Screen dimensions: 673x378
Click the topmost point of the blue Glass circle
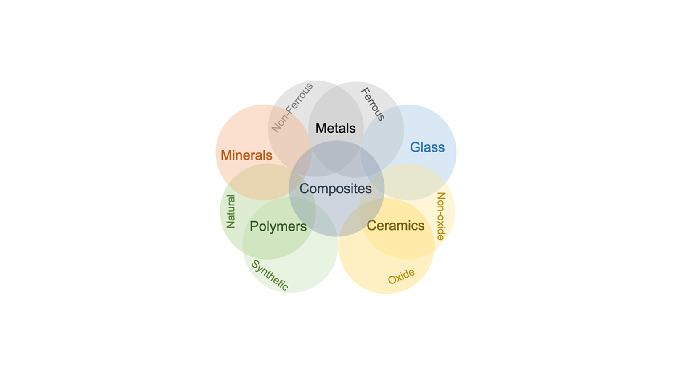point(408,105)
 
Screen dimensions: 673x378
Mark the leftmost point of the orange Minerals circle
point(216,152)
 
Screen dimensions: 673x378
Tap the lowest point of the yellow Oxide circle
point(387,294)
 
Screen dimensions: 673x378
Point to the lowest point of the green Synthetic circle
point(290,293)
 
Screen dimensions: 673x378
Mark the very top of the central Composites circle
point(336,141)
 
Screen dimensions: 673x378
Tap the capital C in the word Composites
point(305,189)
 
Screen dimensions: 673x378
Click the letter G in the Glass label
point(415,147)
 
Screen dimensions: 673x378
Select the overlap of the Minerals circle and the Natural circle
point(265,182)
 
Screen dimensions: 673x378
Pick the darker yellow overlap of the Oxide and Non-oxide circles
point(397,228)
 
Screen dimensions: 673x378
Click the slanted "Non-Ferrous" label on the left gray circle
point(292,108)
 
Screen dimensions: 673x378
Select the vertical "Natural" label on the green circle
point(231,212)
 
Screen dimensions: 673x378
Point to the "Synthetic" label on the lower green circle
point(270,275)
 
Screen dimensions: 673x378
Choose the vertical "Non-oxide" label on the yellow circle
point(441,216)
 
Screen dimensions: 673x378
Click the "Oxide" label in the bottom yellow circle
point(401,276)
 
